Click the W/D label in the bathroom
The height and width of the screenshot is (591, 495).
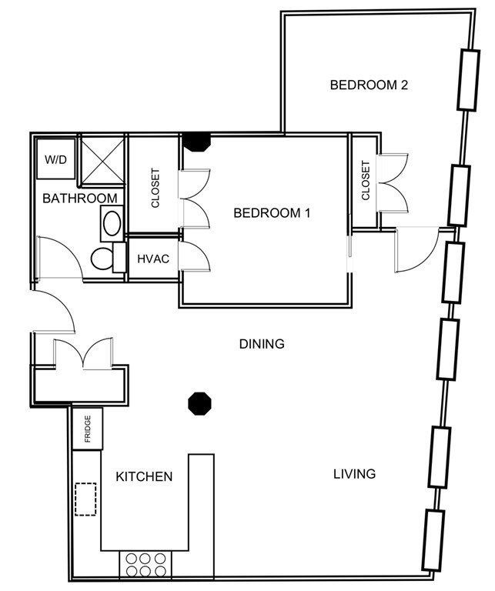(55, 160)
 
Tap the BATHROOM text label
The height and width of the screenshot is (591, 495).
(80, 199)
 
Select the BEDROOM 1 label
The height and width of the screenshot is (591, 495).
(272, 213)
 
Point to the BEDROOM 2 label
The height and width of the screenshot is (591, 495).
(368, 85)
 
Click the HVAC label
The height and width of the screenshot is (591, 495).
(153, 259)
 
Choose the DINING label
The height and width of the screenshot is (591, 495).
(262, 344)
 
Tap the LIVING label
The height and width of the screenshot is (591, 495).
(354, 474)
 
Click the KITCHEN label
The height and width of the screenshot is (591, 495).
(144, 477)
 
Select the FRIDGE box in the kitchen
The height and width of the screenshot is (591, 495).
(87, 429)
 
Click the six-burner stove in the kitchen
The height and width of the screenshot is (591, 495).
(143, 565)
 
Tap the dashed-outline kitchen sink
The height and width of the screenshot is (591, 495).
(85, 499)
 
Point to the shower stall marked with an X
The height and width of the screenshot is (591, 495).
(102, 159)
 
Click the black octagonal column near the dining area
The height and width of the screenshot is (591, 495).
(199, 402)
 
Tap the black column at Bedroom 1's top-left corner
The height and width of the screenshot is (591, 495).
(196, 142)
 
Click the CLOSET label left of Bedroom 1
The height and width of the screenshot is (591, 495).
(155, 189)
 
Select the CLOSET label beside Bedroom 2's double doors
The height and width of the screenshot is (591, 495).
(366, 181)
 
